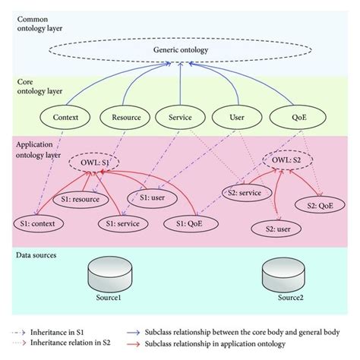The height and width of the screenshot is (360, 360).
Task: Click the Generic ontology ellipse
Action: coord(180,52)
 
